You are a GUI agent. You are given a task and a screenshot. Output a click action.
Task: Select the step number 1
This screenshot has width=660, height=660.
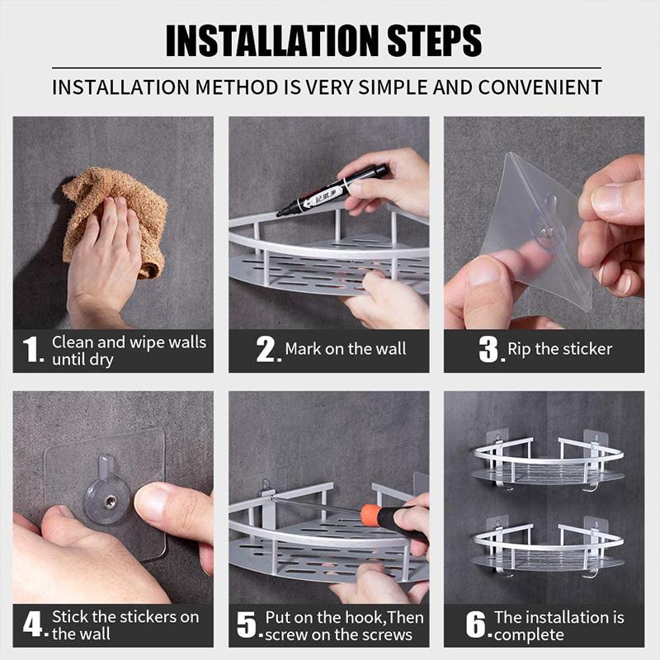pyautogui.click(x=32, y=351)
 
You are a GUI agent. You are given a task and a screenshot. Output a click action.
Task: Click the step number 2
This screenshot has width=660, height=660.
pyautogui.click(x=266, y=351)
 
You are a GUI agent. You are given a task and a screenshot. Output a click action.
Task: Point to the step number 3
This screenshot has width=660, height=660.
pyautogui.click(x=489, y=351)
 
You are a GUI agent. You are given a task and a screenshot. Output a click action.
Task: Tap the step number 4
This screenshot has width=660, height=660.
pyautogui.click(x=32, y=625)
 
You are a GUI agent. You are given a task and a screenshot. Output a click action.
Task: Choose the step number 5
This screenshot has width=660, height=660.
pyautogui.click(x=247, y=625)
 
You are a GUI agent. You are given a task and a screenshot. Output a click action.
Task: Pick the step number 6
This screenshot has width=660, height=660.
pyautogui.click(x=476, y=625)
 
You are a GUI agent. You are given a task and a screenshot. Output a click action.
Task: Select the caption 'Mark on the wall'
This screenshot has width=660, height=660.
pyautogui.click(x=346, y=349)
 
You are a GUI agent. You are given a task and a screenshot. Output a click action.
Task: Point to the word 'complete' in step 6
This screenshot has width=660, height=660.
pyautogui.click(x=529, y=634)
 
